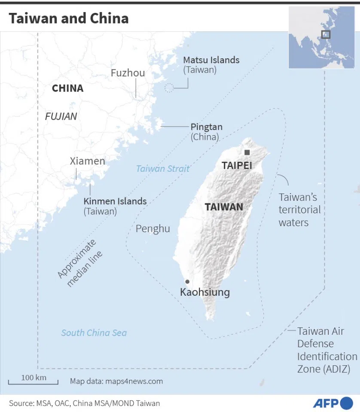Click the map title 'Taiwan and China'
coord(69,18)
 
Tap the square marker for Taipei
coord(247,152)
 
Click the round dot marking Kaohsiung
coord(187,282)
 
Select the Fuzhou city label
coord(128,73)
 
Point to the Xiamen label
coord(87,161)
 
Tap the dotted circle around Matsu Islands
coord(170,88)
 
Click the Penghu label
coord(153,229)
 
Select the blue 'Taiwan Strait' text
coord(162,169)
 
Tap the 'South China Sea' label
coord(94,333)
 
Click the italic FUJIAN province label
coord(61,116)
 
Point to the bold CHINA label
coord(67,88)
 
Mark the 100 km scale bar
coord(34,380)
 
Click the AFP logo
coord(333,403)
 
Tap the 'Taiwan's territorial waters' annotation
coord(299,210)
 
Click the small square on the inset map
coord(326,34)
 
